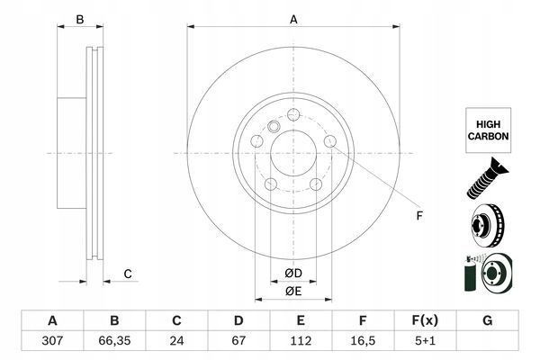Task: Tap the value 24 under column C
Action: [177, 342]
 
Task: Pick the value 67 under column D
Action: [239, 342]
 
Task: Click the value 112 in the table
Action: [301, 342]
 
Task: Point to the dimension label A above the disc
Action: [292, 19]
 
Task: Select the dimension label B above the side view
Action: [79, 19]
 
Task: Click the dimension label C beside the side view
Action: [128, 274]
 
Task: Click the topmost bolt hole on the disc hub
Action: [294, 115]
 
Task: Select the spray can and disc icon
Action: [487, 274]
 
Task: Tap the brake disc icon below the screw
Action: [487, 225]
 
